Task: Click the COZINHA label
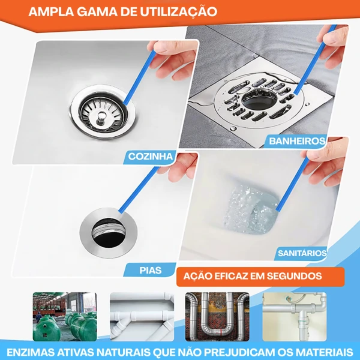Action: (151, 157)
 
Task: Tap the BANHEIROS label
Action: (297, 141)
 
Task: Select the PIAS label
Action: (151, 270)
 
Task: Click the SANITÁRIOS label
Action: (302, 253)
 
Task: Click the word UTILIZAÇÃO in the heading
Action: (178, 11)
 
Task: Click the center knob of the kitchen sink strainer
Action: (100, 116)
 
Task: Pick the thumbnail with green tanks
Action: (65, 317)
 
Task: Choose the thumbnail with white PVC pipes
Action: (142, 317)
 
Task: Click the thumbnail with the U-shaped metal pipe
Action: (217, 317)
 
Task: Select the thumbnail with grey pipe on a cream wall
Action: (295, 317)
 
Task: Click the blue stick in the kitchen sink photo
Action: (140, 77)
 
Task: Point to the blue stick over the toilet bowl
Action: (293, 184)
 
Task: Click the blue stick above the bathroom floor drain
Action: (315, 59)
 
